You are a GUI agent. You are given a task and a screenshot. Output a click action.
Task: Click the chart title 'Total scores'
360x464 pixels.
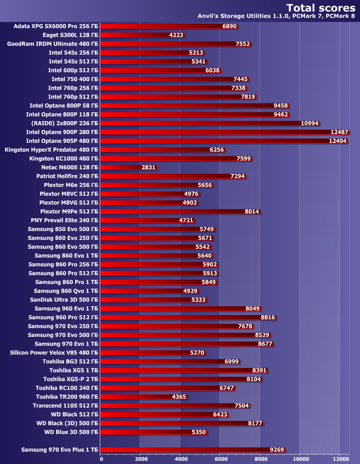click(x=320, y=7)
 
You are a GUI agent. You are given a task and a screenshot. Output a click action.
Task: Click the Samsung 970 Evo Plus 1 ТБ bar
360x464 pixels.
click(x=186, y=449)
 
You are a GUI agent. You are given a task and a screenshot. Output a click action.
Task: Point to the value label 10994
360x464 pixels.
click(x=309, y=123)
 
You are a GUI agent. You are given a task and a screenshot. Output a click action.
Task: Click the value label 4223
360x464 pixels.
click(x=177, y=35)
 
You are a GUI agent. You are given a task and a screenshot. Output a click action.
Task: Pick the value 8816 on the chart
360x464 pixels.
click(x=267, y=317)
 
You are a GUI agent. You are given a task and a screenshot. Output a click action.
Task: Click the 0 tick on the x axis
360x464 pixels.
click(x=102, y=459)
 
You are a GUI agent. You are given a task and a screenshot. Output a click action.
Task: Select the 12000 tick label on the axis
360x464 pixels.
click(x=340, y=459)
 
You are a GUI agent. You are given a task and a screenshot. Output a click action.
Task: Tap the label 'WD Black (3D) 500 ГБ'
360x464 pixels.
click(x=67, y=423)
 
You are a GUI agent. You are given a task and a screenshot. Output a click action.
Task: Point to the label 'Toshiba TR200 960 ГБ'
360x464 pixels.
click(x=67, y=397)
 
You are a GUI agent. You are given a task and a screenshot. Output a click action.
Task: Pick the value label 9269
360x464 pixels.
click(x=276, y=450)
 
